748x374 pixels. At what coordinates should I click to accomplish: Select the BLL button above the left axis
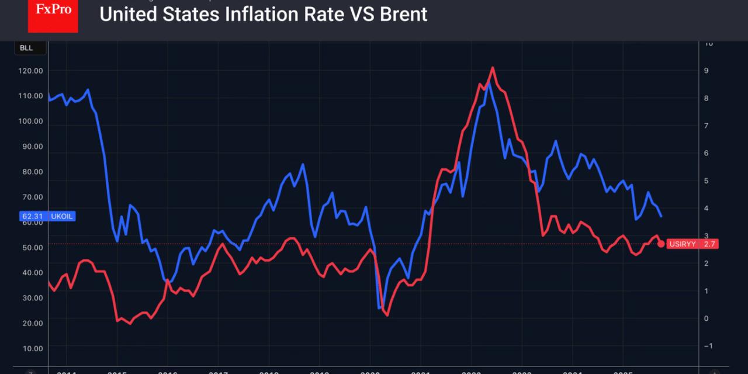[x=26, y=48]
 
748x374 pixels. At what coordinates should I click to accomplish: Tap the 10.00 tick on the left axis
[x=33, y=348]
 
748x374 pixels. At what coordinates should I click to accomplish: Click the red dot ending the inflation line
[x=661, y=244]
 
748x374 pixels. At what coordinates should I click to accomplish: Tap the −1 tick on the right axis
[x=708, y=346]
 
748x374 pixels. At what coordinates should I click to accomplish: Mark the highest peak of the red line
[x=493, y=67]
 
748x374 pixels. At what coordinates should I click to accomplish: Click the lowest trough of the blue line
[x=380, y=307]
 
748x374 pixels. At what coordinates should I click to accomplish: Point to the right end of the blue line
[x=661, y=217]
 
